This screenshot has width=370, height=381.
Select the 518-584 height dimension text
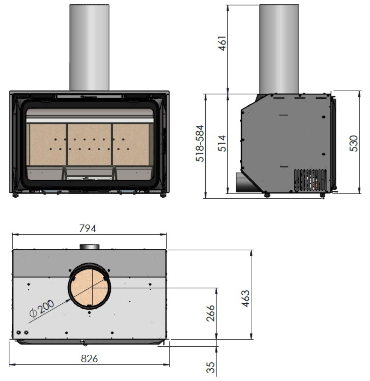pos(200,144)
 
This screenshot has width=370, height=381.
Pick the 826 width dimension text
pos(89,359)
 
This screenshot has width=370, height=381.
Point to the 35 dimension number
pos(210,368)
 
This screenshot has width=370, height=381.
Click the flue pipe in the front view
pos(89,47)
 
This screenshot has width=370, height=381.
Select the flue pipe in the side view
pos(279,49)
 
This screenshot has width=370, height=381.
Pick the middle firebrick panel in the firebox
pos(89,144)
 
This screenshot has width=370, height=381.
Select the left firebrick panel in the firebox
pos(47,144)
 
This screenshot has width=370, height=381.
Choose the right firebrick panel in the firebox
pos(130,144)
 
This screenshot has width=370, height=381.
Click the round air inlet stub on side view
pos(242,182)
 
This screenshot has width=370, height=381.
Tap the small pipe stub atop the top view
pos(89,247)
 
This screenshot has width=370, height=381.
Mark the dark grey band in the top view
pos(42,263)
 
